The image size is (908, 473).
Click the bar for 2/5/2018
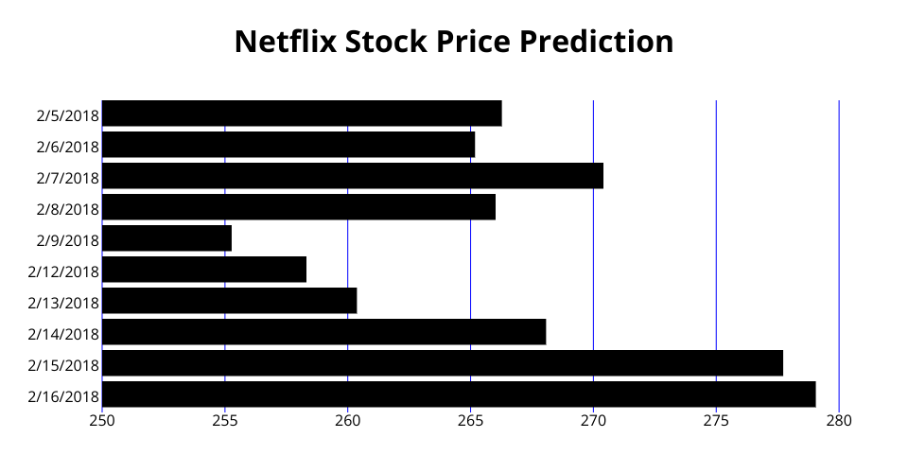(301, 114)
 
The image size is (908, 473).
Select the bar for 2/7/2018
(352, 176)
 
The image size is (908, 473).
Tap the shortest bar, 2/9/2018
(166, 238)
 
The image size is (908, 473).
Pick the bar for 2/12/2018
(203, 270)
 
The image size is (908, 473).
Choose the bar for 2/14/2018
(323, 332)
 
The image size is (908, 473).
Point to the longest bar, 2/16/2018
(458, 394)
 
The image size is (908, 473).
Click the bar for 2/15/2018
(442, 363)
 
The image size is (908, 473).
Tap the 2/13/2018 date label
(63, 303)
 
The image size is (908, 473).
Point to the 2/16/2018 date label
(63, 396)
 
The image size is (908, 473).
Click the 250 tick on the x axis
(102, 420)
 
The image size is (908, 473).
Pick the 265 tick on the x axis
(470, 420)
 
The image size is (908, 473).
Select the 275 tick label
(716, 420)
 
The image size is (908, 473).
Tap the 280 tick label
(839, 420)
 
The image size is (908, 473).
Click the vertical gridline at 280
(839, 236)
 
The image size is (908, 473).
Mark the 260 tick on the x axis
(347, 420)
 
